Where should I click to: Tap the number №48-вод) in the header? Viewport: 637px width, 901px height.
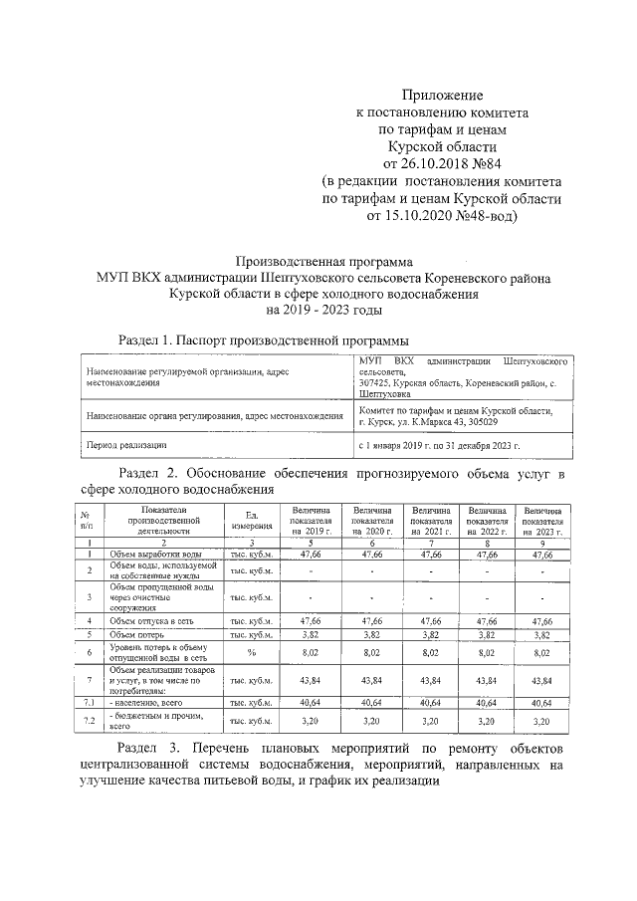pos(476,213)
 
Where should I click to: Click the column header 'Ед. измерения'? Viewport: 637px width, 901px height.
pos(252,519)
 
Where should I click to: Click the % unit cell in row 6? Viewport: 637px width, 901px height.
pos(252,653)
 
